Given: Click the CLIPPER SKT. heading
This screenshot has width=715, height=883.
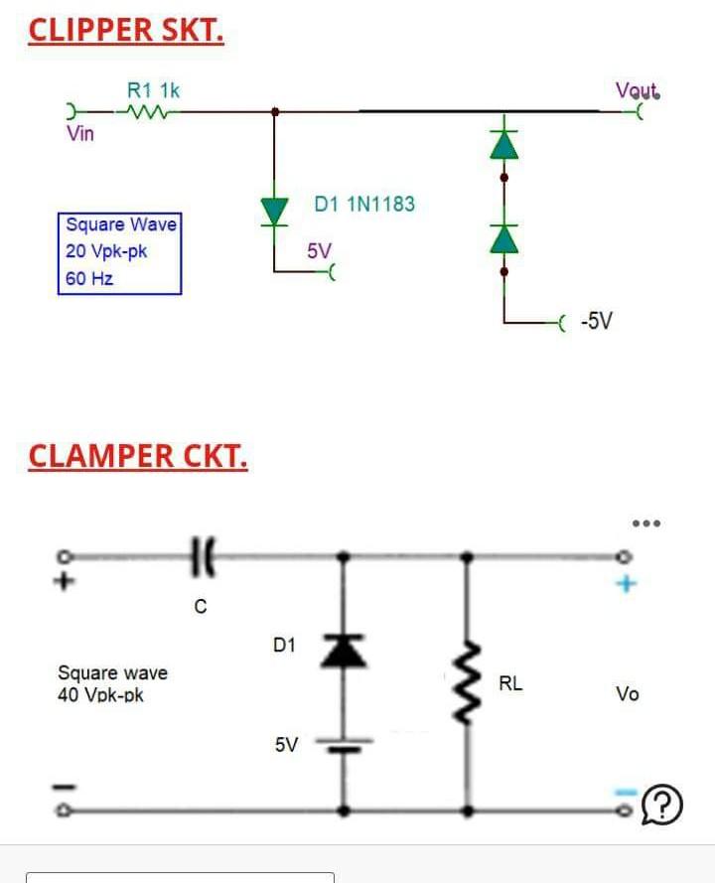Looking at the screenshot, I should tap(126, 30).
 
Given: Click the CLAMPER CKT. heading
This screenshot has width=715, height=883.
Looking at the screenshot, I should tap(138, 456).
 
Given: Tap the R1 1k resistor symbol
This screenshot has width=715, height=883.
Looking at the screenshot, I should tap(145, 112).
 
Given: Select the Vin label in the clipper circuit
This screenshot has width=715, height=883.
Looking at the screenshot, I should tap(80, 134).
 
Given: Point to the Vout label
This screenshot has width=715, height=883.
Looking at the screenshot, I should tap(637, 91).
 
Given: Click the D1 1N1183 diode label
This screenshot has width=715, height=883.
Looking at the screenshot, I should tap(364, 205).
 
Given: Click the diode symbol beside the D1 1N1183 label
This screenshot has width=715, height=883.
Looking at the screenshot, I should tap(274, 211).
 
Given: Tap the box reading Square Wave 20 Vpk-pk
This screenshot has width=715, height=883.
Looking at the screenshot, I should tap(120, 252).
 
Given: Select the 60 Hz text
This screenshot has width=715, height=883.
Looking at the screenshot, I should tap(89, 278).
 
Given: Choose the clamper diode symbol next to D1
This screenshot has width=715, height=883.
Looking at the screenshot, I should tap(345, 651).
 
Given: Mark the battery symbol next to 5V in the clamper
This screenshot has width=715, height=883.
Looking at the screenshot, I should tap(345, 745).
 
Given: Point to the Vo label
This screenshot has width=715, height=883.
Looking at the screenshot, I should tap(627, 693).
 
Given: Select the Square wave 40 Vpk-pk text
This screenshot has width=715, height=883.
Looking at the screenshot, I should tap(112, 683).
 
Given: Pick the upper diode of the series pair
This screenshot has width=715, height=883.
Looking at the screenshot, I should tap(504, 146).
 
